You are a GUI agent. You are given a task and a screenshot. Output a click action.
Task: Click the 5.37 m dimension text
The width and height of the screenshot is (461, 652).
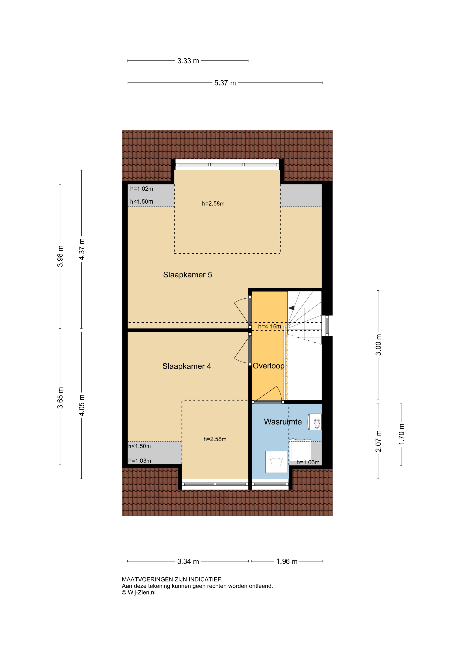(x=225, y=83)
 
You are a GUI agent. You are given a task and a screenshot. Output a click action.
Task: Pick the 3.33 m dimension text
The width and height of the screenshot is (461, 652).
(x=188, y=61)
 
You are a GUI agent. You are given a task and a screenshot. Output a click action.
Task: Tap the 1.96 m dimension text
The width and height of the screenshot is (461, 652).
(x=287, y=561)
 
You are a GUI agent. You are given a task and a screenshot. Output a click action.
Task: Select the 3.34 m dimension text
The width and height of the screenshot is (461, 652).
(x=188, y=561)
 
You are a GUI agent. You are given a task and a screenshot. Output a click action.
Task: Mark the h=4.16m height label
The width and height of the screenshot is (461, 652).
(x=269, y=327)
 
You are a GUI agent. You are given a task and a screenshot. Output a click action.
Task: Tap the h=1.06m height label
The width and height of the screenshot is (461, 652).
(x=308, y=462)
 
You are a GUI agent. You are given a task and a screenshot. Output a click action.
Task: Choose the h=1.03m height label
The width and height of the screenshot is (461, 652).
(x=140, y=461)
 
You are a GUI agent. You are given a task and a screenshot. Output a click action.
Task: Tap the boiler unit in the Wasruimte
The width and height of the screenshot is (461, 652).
(x=315, y=422)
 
